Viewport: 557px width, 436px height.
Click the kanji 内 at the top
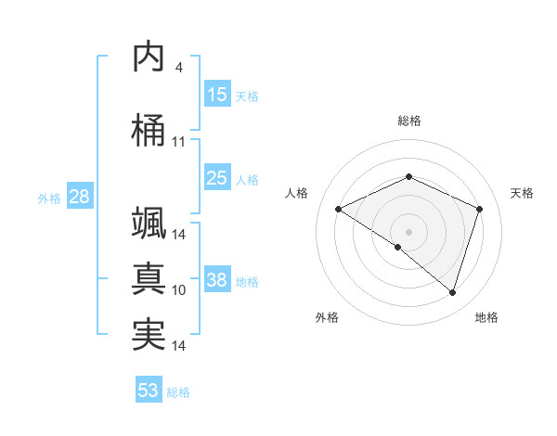click(x=149, y=58)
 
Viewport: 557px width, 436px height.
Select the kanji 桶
click(x=149, y=129)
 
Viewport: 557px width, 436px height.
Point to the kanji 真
click(x=149, y=277)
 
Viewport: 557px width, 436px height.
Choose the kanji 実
click(x=149, y=334)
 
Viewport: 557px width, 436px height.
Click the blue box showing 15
click(x=217, y=95)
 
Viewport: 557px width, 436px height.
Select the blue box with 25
click(x=217, y=178)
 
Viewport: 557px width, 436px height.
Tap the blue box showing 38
click(x=217, y=280)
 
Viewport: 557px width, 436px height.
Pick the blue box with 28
click(x=78, y=197)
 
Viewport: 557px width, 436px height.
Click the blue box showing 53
click(x=149, y=391)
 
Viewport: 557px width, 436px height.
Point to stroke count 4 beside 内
click(x=178, y=68)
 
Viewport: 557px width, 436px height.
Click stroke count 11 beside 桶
click(x=178, y=142)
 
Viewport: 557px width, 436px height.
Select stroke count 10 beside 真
click(x=178, y=290)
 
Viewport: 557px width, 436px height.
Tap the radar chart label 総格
click(x=408, y=121)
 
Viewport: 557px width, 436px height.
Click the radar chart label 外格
click(x=327, y=317)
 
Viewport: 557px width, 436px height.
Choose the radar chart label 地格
click(x=486, y=317)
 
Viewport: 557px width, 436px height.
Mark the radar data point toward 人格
click(x=339, y=210)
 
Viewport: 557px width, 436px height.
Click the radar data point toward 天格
click(x=480, y=209)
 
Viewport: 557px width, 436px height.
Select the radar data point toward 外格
click(x=398, y=247)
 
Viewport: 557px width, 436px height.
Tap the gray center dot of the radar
click(x=408, y=231)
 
